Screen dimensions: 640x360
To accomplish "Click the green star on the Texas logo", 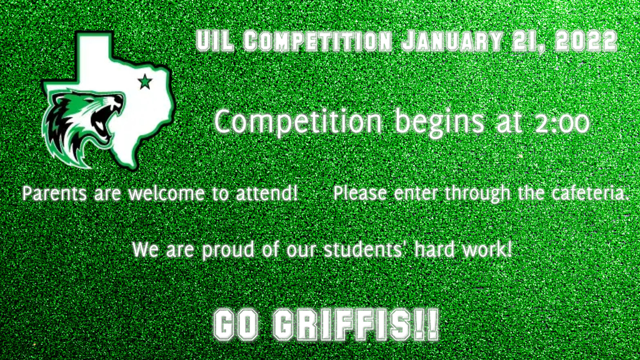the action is pyautogui.click(x=145, y=82).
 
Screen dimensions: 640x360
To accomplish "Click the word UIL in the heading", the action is pyautogui.click(x=215, y=41).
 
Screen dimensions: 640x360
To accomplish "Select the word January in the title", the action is pyautogui.click(x=452, y=41).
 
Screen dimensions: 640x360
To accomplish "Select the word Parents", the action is pyautogui.click(x=54, y=193).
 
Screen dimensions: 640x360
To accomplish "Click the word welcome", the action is pyautogui.click(x=166, y=193).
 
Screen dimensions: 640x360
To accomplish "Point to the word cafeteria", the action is pyautogui.click(x=591, y=193).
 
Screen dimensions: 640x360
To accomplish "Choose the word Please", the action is pyautogui.click(x=360, y=193).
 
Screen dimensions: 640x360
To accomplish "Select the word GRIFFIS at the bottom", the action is pyautogui.click(x=342, y=325).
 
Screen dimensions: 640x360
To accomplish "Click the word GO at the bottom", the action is pyautogui.click(x=236, y=325).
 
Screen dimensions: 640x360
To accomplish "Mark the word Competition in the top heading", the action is pyautogui.click(x=317, y=41).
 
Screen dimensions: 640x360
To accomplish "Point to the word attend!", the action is pyautogui.click(x=267, y=193).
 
